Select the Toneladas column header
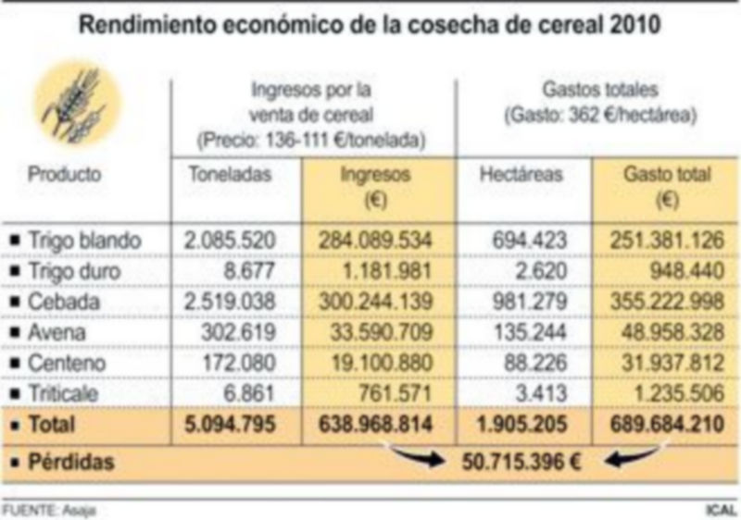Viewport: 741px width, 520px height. (232, 174)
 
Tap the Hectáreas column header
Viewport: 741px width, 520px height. (521, 174)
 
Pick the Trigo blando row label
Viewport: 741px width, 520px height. (84, 240)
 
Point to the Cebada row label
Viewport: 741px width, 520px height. (63, 302)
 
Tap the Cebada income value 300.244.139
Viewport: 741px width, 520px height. (375, 302)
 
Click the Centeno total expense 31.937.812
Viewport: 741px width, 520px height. (666, 363)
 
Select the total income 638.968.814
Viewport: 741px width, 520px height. (375, 426)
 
